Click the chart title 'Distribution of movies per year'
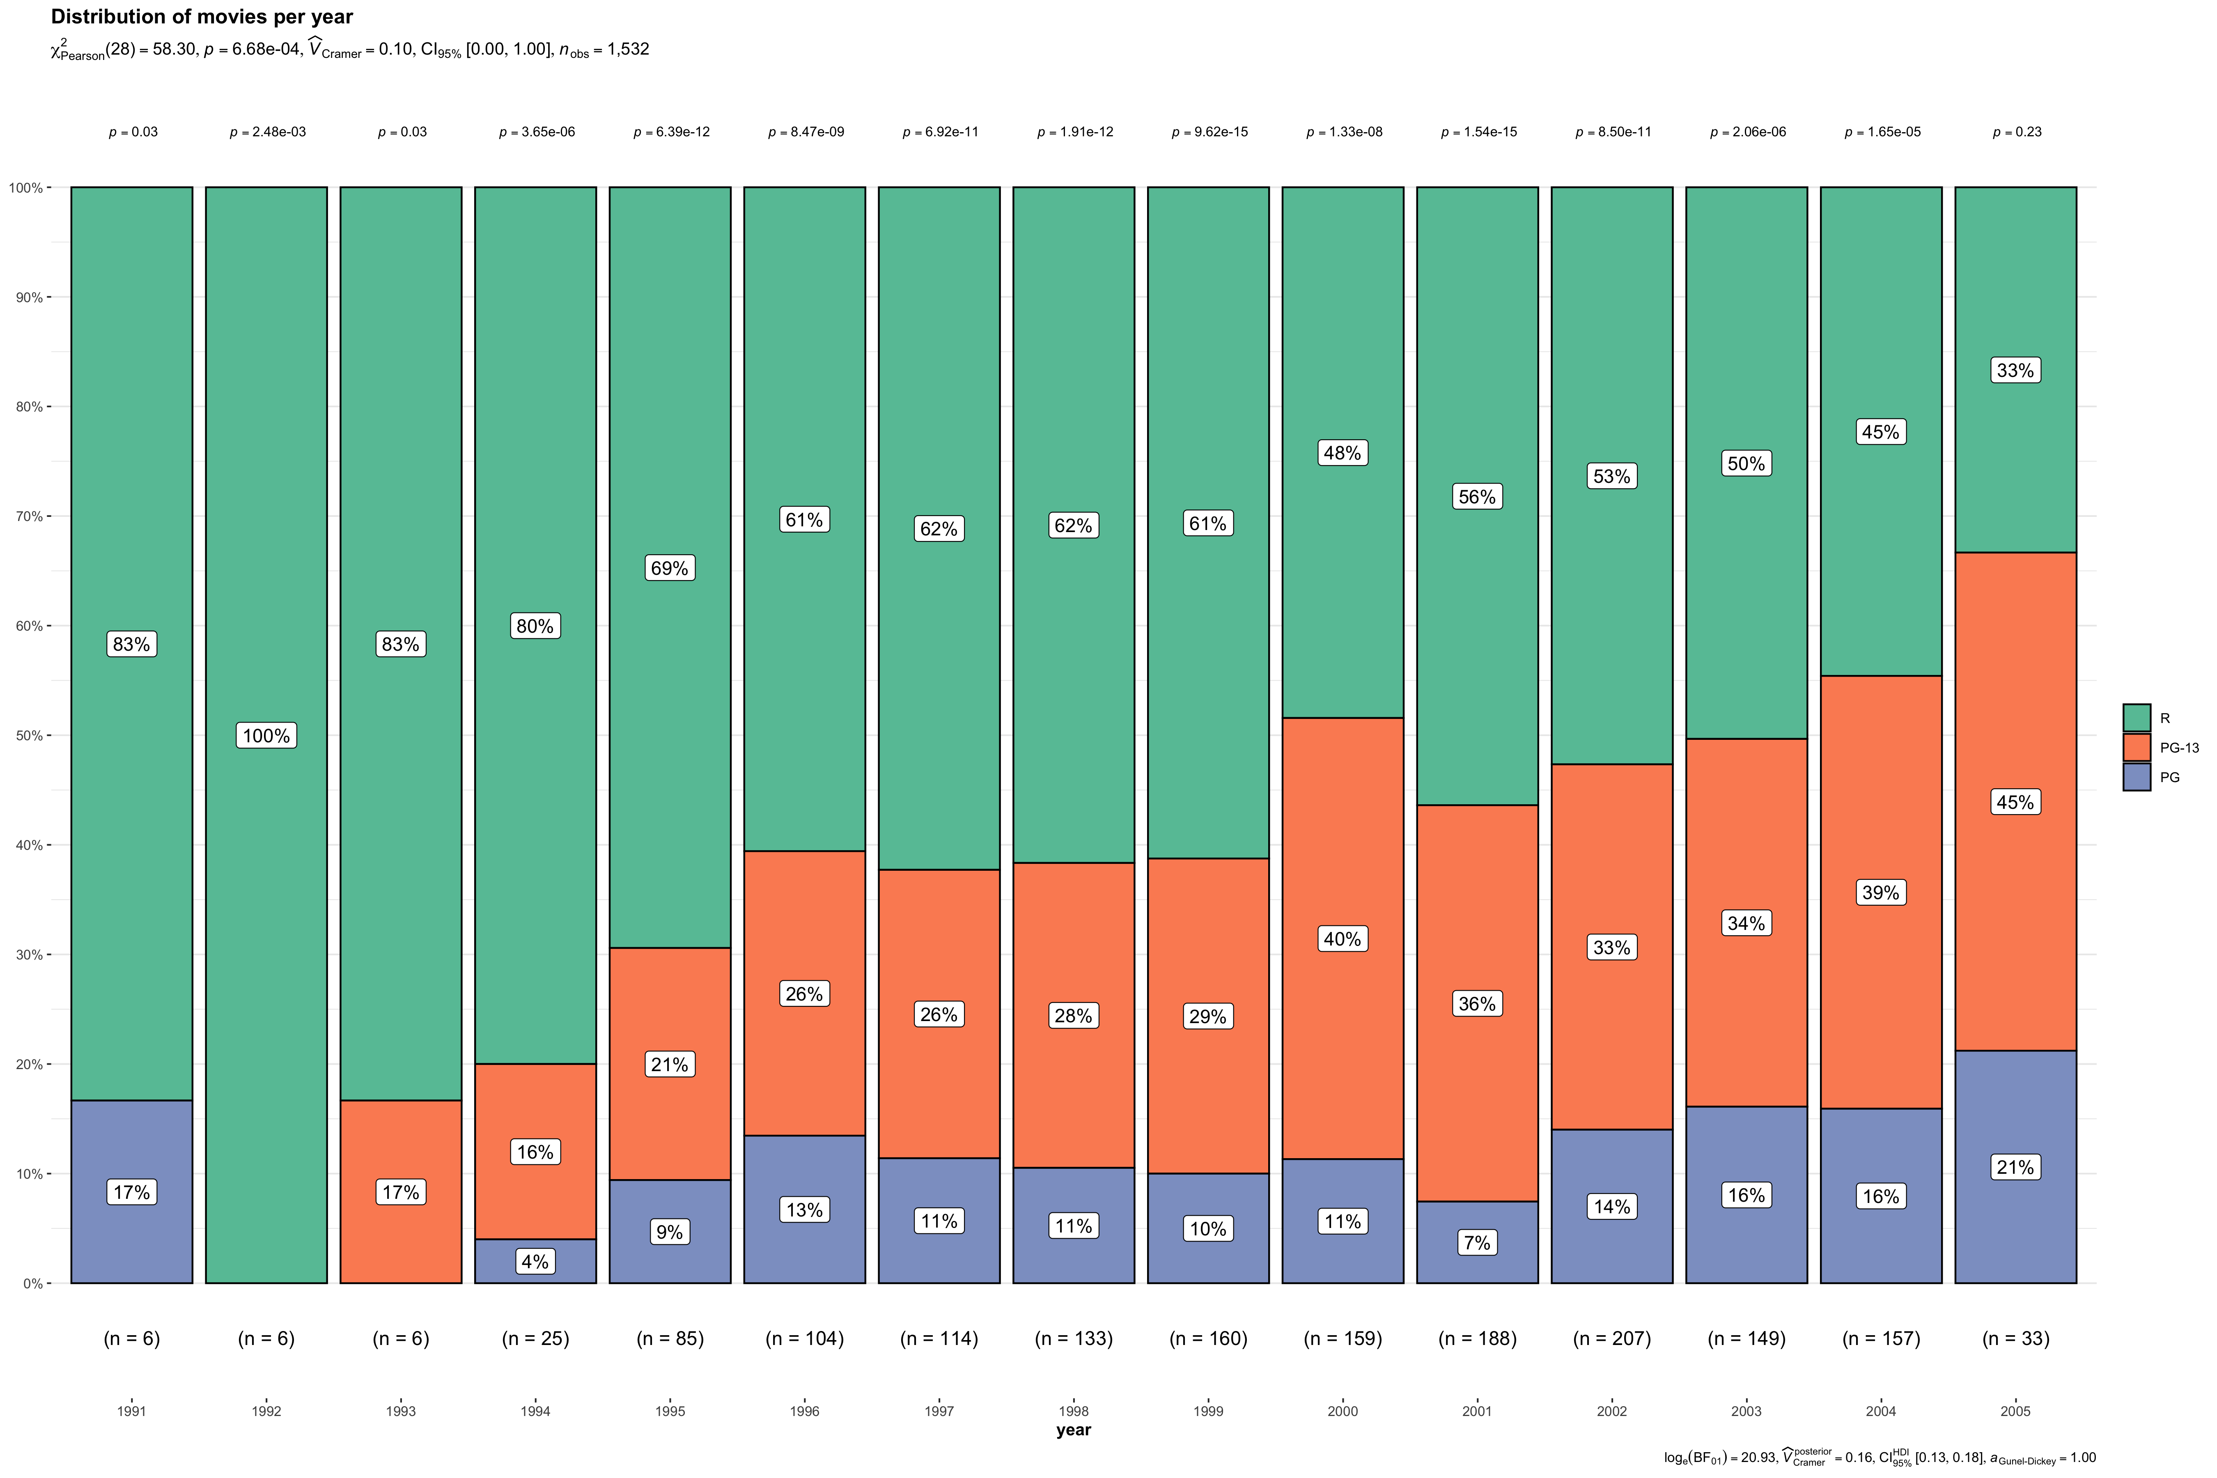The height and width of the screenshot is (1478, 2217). coord(202,17)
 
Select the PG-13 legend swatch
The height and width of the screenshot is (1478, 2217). coord(2137,748)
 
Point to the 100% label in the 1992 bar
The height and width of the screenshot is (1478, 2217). coord(267,735)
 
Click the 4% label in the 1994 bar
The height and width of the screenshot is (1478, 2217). coord(535,1261)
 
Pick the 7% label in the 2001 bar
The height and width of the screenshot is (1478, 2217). coord(1477,1242)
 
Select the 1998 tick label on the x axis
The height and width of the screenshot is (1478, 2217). coord(1074,1411)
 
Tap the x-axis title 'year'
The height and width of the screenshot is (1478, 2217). coord(1074,1430)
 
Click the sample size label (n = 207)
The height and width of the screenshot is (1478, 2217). coord(1612,1338)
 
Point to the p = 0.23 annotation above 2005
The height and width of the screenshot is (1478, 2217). coord(2016,132)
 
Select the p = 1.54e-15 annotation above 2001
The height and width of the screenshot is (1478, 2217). coord(1478,132)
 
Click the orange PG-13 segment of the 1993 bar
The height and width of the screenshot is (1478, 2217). coord(401,1191)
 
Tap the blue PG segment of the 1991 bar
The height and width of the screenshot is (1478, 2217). coord(132,1191)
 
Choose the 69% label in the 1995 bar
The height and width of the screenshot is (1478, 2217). coord(669,567)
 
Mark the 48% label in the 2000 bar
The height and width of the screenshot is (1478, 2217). coord(1342,452)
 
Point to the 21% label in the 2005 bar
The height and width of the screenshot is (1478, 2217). coord(2015,1167)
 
